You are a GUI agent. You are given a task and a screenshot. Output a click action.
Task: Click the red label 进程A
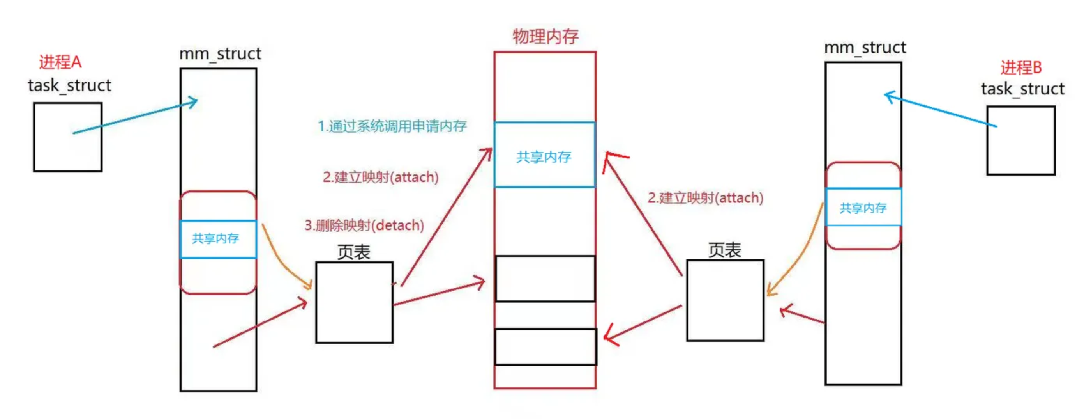point(60,62)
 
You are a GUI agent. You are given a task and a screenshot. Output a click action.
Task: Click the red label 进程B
point(1021,67)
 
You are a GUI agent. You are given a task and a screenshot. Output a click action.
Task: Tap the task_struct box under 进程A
point(68,137)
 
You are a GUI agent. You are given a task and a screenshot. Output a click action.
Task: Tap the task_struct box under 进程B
point(1021,140)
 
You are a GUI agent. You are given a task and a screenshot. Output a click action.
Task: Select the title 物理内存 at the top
point(545,36)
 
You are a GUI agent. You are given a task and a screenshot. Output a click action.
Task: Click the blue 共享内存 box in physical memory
point(545,155)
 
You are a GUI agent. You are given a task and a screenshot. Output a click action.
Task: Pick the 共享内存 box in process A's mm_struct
point(218,239)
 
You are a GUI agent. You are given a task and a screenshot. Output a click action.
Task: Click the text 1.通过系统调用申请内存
point(392,126)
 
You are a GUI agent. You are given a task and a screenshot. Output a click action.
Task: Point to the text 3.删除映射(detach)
point(364,225)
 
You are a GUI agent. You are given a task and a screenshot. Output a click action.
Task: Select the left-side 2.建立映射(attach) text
point(380,177)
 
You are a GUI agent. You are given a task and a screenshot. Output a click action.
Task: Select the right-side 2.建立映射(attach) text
point(706,198)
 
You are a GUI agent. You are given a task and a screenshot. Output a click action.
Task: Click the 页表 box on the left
point(354,302)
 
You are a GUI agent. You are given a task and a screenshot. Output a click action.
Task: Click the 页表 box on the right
point(725,300)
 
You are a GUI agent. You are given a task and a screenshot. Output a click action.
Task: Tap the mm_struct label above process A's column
point(220,54)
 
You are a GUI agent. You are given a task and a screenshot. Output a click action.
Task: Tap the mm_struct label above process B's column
point(865,48)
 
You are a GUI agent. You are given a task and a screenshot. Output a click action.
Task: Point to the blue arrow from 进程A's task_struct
point(136,117)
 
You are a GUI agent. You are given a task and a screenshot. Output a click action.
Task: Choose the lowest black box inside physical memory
point(545,346)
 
